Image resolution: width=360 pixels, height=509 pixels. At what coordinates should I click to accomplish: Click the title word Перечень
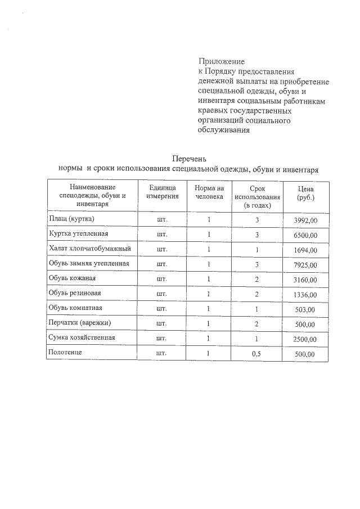tap(189, 159)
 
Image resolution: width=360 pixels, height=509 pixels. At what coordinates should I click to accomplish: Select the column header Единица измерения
tap(163, 192)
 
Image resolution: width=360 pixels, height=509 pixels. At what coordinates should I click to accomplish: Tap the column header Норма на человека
tap(209, 192)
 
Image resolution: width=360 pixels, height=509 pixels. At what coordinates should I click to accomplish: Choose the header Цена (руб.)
tap(306, 194)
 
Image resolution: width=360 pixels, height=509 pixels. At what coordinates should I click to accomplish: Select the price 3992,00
tap(306, 220)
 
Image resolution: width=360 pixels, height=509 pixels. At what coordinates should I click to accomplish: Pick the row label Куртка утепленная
tap(78, 233)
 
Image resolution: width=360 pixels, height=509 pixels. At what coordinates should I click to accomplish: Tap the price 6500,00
tap(306, 235)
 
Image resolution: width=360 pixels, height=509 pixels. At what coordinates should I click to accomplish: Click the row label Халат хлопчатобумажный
tap(90, 248)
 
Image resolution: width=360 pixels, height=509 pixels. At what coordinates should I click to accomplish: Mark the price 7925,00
tap(306, 265)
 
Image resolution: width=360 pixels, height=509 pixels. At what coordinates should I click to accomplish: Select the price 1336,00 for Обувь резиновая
tap(306, 295)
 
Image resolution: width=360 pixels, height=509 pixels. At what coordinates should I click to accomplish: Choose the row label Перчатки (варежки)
tap(80, 322)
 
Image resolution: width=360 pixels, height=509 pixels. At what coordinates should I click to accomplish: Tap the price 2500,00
tap(306, 339)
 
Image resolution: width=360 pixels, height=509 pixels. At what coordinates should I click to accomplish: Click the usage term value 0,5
tap(256, 354)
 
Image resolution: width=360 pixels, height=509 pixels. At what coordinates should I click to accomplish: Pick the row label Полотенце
tap(66, 352)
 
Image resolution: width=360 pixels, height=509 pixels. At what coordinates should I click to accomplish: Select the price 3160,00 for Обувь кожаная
tap(306, 280)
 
